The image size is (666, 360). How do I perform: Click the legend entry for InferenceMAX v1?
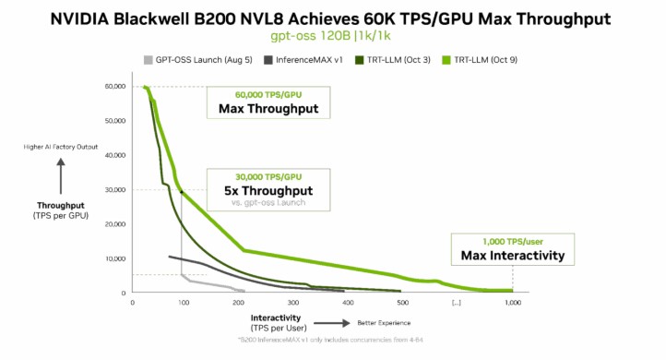303,60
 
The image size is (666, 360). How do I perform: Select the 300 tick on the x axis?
293,303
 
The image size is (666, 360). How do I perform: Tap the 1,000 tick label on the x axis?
513,303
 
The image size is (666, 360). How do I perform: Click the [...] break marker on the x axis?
456,303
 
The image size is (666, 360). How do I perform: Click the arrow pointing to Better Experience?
327,323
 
